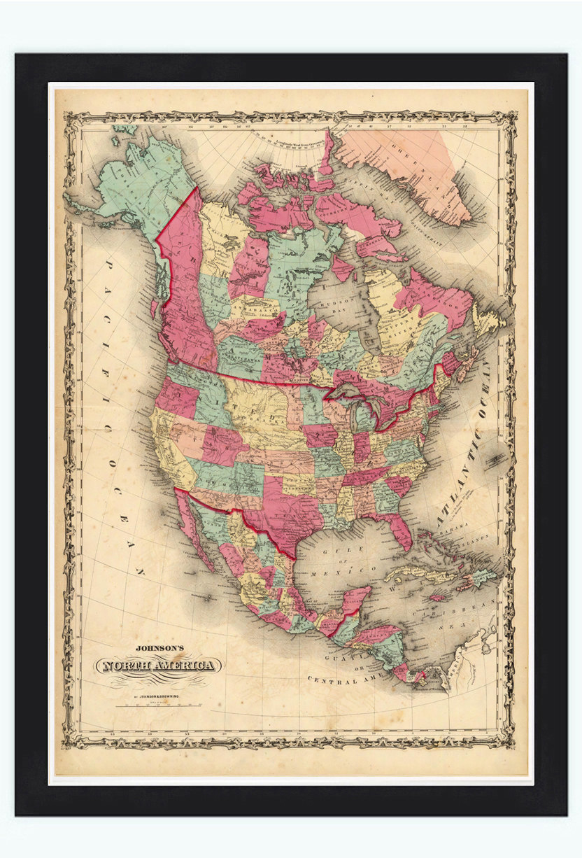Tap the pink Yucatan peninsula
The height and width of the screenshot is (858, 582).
tap(356, 598)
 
